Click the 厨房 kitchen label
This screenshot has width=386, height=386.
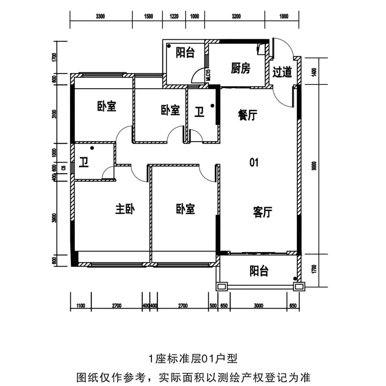(x=240, y=69)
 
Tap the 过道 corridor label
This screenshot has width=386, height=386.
(x=282, y=72)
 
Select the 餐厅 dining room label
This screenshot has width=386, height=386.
(x=247, y=115)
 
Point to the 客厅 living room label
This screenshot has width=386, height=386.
(x=263, y=212)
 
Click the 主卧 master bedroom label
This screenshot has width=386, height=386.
(x=124, y=209)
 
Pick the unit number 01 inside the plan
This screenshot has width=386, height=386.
(x=254, y=163)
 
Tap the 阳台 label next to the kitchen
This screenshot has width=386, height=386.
(x=185, y=53)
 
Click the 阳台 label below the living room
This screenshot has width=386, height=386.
(x=259, y=271)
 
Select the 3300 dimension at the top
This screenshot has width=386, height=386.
(x=100, y=16)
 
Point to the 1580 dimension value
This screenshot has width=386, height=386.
(x=148, y=16)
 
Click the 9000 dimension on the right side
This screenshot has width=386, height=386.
(x=314, y=167)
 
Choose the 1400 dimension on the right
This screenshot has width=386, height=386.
(x=314, y=72)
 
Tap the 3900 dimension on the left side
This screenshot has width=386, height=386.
(x=55, y=218)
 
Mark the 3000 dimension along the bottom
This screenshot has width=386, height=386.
(x=258, y=306)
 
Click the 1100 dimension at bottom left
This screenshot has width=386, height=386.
(x=80, y=306)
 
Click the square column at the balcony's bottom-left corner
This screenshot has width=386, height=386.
(x=222, y=286)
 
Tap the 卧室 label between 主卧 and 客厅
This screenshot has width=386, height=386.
(x=185, y=209)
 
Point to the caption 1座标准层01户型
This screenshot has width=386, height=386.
(x=193, y=358)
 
